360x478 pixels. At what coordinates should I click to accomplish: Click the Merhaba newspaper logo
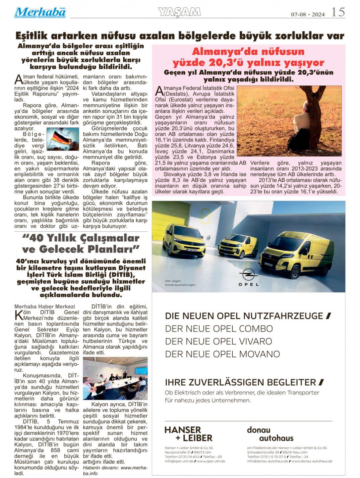tap(40, 12)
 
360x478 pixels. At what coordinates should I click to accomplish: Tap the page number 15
tap(338, 12)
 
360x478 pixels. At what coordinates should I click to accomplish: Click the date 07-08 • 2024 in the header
tap(308, 14)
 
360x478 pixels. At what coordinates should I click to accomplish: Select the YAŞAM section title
tap(179, 12)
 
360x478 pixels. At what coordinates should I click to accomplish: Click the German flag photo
tap(63, 138)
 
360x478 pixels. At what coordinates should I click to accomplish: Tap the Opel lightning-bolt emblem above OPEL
tap(248, 274)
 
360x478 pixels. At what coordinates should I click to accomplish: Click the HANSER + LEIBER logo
tap(188, 434)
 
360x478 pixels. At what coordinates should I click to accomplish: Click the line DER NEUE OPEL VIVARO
tap(218, 341)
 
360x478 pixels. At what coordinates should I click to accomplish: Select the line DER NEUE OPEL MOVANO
tap(222, 354)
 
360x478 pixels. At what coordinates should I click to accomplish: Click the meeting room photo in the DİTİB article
tap(115, 378)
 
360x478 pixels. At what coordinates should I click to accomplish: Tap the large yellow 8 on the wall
tap(205, 216)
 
